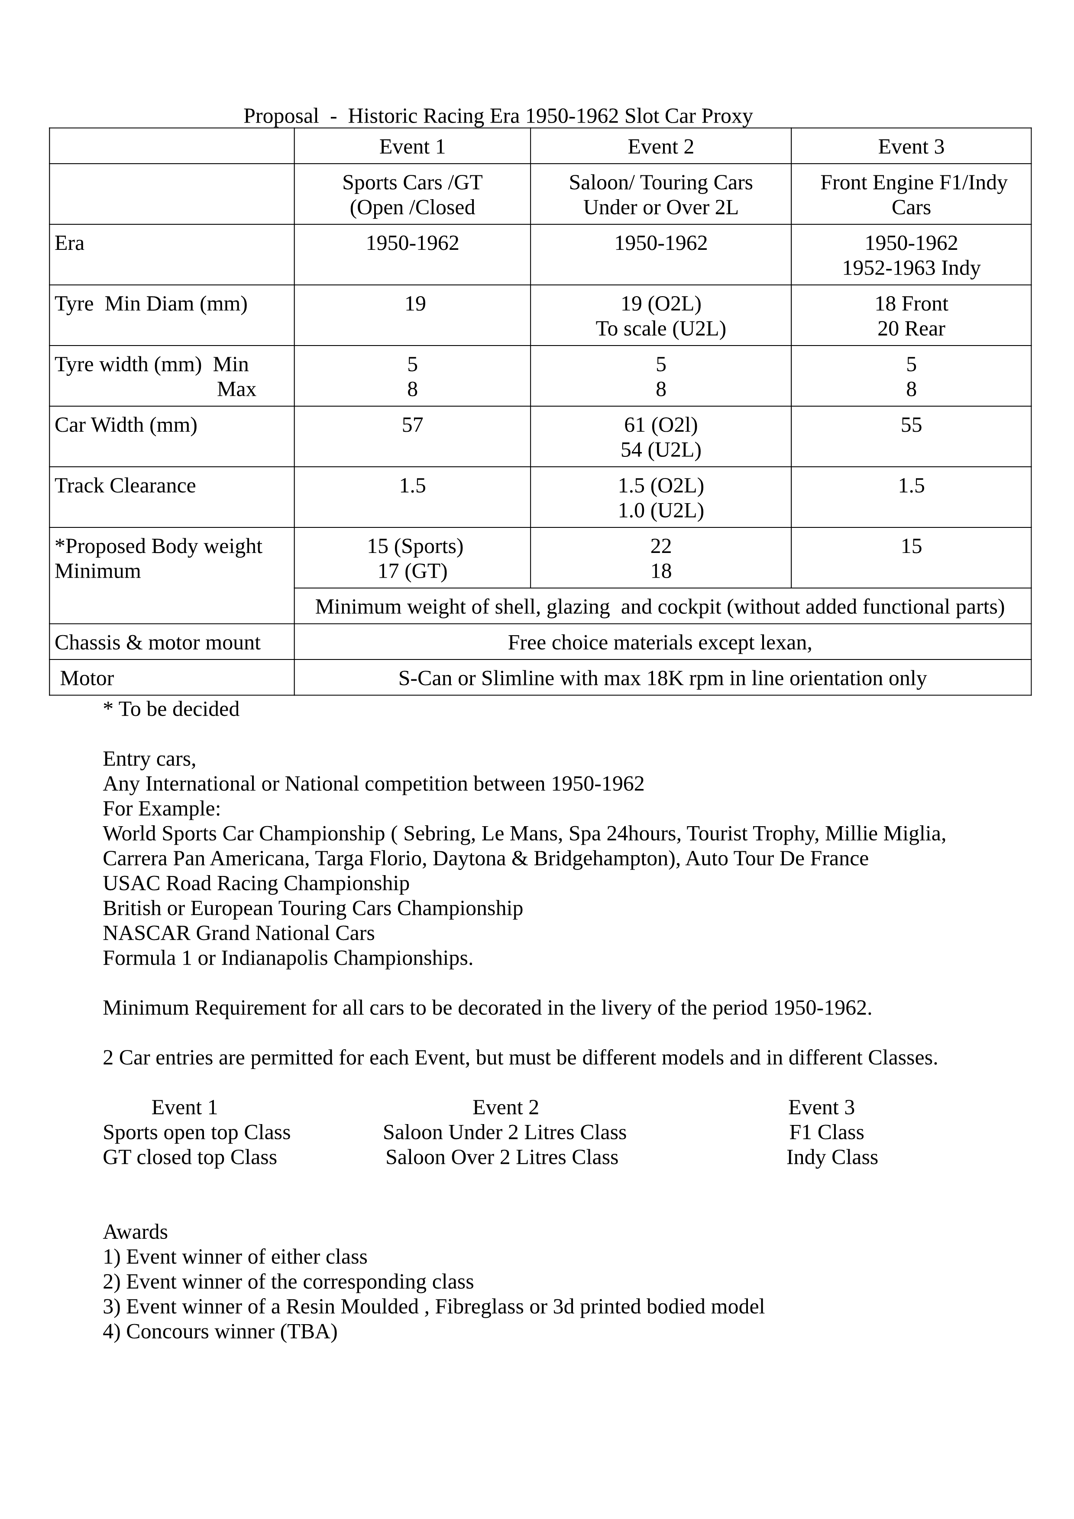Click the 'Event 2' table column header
[660, 147]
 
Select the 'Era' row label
[69, 243]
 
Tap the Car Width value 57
[412, 425]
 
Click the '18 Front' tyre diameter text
[911, 304]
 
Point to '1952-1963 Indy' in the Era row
[911, 268]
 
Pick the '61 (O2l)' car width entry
[660, 425]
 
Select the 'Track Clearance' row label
[125, 485]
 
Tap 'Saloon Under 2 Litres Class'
[504, 1133]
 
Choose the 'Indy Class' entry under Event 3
[832, 1158]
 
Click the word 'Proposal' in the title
[281, 116]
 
